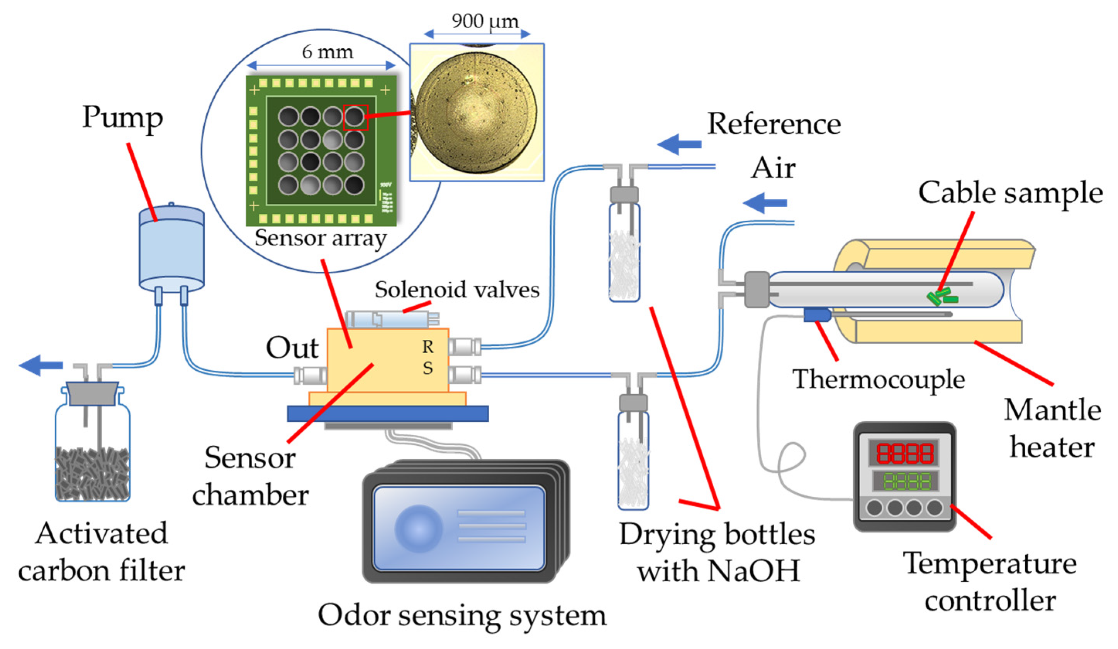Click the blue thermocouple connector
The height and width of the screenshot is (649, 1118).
click(816, 315)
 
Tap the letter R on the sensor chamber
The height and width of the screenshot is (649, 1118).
click(428, 347)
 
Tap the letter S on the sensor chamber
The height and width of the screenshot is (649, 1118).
click(428, 368)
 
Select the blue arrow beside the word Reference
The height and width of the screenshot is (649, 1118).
click(679, 144)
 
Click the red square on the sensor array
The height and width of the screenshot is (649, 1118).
click(356, 118)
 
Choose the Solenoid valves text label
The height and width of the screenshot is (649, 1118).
click(457, 290)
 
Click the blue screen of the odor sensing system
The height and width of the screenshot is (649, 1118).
click(459, 528)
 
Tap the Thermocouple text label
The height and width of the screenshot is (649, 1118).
click(879, 380)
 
